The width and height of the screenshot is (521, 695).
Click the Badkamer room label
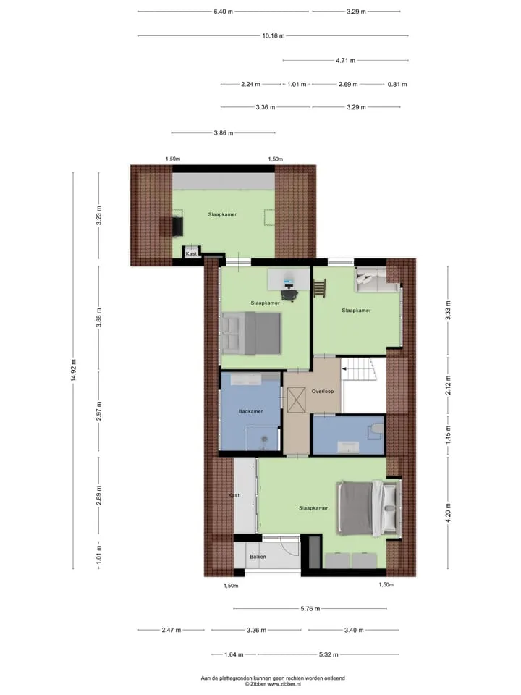(251, 411)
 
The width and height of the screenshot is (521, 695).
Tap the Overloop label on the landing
(323, 392)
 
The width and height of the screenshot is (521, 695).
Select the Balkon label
(258, 557)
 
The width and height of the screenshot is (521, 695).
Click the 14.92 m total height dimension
(74, 370)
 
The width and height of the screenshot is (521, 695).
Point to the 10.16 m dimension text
(274, 36)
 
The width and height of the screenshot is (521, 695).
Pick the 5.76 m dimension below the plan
(310, 609)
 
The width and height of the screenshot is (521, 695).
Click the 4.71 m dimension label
(346, 60)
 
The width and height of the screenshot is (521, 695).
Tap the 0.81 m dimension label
(397, 84)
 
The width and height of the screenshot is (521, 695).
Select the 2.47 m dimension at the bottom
(171, 630)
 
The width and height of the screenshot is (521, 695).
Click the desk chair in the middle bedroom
(289, 294)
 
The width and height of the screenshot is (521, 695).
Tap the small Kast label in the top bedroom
(191, 253)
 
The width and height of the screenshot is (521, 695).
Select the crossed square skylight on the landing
(296, 399)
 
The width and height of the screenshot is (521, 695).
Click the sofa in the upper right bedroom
(376, 281)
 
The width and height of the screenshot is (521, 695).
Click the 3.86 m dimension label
(224, 133)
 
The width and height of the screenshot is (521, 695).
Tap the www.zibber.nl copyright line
(273, 684)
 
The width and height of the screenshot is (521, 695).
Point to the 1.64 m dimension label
(234, 654)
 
